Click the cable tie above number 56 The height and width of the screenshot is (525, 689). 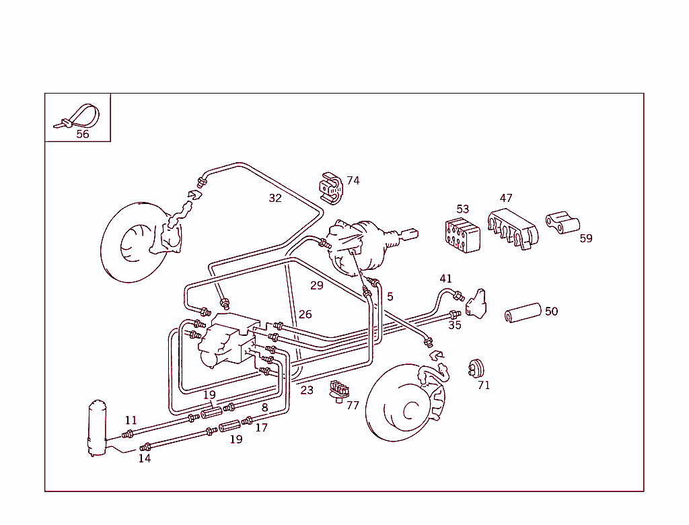click(x=79, y=116)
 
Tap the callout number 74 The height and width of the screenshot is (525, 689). click(x=353, y=180)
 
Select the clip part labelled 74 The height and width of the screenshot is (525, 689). click(x=330, y=188)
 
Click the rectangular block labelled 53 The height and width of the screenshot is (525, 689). click(x=463, y=235)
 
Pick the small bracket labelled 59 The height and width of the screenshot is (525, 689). click(x=563, y=223)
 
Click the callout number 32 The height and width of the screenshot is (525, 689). click(x=275, y=198)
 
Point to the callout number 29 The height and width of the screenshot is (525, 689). click(x=317, y=285)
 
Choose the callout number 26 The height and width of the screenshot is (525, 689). click(x=305, y=314)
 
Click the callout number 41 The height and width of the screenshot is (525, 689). click(x=446, y=279)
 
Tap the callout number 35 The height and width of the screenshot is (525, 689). click(x=455, y=325)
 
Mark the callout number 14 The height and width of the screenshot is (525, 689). click(x=145, y=458)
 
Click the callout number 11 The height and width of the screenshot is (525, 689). click(x=131, y=420)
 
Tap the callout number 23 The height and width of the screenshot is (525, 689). click(x=307, y=390)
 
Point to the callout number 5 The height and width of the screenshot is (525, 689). click(x=390, y=296)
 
